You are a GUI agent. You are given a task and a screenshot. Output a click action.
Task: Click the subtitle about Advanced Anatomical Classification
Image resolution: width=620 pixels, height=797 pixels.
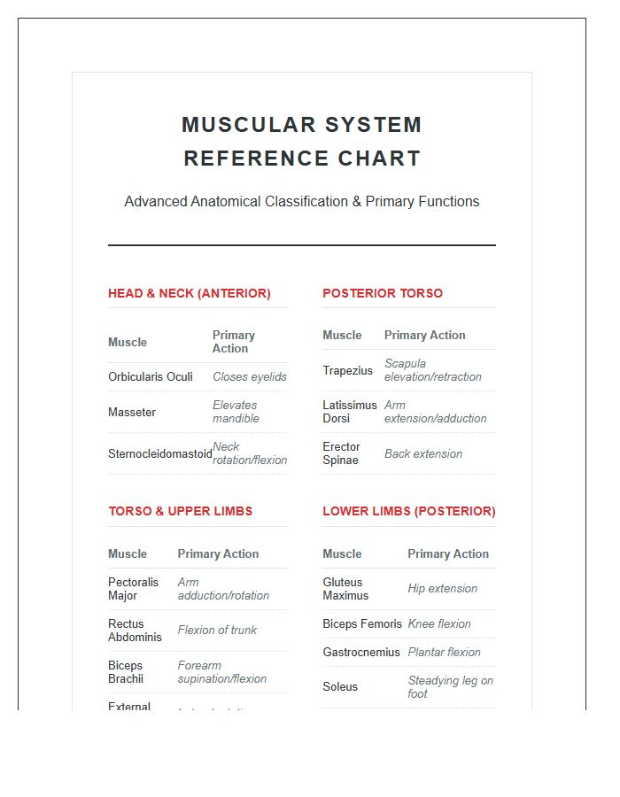tap(301, 202)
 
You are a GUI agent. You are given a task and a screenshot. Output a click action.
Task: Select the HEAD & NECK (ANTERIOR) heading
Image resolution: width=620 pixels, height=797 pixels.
tap(189, 293)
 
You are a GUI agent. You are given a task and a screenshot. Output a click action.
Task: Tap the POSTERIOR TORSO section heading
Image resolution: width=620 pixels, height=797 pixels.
tap(382, 293)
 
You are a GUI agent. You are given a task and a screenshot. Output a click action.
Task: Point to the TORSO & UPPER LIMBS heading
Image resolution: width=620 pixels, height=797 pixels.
tap(180, 511)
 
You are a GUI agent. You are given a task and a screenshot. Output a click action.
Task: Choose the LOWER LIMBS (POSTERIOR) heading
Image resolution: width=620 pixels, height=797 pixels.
tap(408, 511)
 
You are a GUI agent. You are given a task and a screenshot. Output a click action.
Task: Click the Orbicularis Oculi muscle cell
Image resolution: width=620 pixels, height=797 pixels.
tap(150, 376)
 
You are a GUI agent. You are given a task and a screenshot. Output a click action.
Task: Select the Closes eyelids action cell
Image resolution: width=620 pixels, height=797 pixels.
tap(249, 376)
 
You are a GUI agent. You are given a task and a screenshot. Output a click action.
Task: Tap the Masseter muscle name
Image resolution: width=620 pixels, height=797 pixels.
tap(131, 412)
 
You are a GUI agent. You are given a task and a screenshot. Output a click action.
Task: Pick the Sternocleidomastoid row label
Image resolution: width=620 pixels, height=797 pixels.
tap(159, 453)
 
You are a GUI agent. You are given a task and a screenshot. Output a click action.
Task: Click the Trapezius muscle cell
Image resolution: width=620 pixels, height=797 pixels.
tap(347, 370)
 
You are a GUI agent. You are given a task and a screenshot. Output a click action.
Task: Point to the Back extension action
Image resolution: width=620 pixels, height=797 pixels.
tap(422, 453)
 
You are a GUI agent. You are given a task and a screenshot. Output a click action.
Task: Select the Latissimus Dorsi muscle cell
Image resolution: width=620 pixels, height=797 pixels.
tap(349, 412)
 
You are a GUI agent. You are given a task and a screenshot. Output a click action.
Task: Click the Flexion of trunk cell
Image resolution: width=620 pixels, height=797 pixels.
tap(217, 630)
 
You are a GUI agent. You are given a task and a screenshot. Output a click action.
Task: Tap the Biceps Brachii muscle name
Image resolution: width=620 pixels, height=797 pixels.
tap(126, 672)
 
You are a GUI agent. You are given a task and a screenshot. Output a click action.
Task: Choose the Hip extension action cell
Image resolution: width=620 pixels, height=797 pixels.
tap(442, 588)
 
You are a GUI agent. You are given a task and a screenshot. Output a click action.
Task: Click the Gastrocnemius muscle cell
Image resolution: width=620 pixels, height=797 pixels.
tap(360, 652)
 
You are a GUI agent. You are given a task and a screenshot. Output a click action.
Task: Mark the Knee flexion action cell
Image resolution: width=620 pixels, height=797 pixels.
tap(438, 623)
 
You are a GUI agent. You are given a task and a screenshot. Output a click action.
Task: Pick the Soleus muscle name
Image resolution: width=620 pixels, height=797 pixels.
tap(340, 686)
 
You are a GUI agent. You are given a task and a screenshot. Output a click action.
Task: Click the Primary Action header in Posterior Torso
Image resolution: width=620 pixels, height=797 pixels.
tap(424, 335)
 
